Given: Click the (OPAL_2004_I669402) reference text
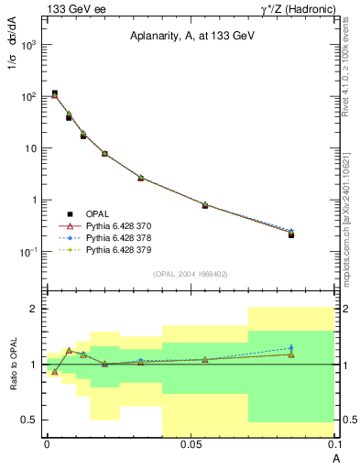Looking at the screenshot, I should pyautogui.click(x=190, y=273).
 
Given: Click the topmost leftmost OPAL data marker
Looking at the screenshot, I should pyautogui.click(x=55, y=93).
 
